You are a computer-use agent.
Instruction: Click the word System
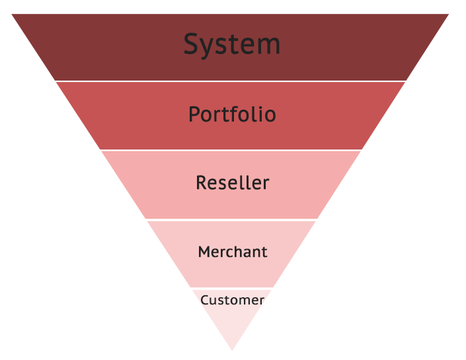pos(231,45)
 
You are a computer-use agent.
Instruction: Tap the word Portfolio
pos(232,115)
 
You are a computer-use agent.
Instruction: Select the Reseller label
pos(232,182)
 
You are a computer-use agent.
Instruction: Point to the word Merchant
pos(233,252)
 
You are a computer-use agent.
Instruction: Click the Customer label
pos(232,301)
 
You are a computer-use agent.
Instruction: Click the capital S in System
pos(191,45)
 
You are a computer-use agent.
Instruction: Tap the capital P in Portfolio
pos(194,114)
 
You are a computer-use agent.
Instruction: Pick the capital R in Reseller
pos(202,182)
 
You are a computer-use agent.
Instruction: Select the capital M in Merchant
pos(204,252)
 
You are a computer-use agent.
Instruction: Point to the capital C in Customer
pos(204,301)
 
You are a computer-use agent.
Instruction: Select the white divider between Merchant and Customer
pos(231,289)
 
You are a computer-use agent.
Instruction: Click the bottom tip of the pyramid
pos(232,349)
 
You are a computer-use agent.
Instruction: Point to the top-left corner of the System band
pos(13,15)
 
